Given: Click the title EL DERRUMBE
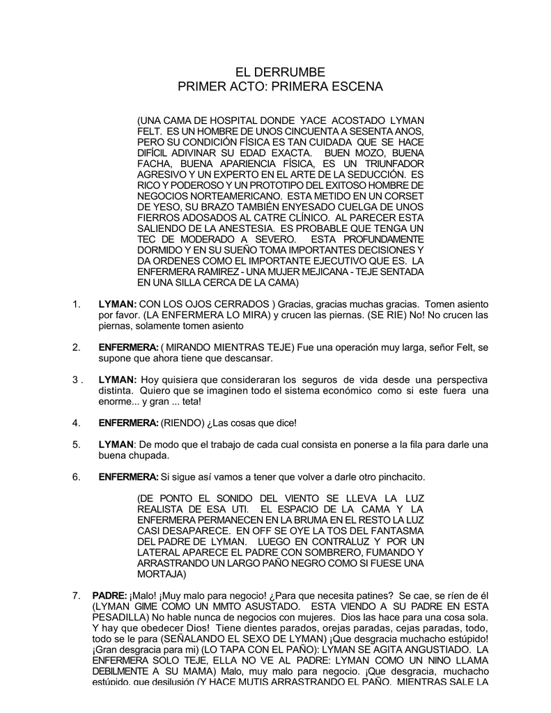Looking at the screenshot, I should coord(276,72).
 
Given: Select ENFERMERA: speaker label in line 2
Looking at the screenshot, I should coord(128,347).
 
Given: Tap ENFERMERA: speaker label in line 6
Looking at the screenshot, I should coord(128,476).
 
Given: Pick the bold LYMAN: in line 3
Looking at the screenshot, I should coord(118,379).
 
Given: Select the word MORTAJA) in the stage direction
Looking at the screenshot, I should coord(162,574).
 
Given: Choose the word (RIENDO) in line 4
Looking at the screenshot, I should coord(183,423).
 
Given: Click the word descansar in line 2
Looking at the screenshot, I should coord(248,358).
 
